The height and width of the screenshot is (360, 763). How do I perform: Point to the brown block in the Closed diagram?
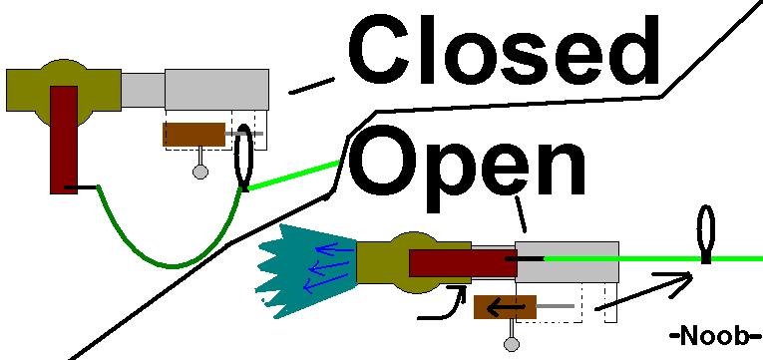coord(194,134)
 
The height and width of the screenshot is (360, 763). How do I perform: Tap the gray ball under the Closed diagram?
coord(200,172)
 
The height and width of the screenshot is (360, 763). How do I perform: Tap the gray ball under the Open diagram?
coord(513,345)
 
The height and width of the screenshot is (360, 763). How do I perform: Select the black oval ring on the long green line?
coord(706,233)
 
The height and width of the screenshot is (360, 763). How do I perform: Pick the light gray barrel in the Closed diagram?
coord(216,90)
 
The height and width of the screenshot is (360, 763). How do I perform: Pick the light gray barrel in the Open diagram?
coord(567,267)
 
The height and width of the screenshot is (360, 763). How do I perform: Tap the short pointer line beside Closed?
coord(310,87)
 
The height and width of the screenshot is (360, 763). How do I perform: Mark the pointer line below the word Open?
coord(519,213)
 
